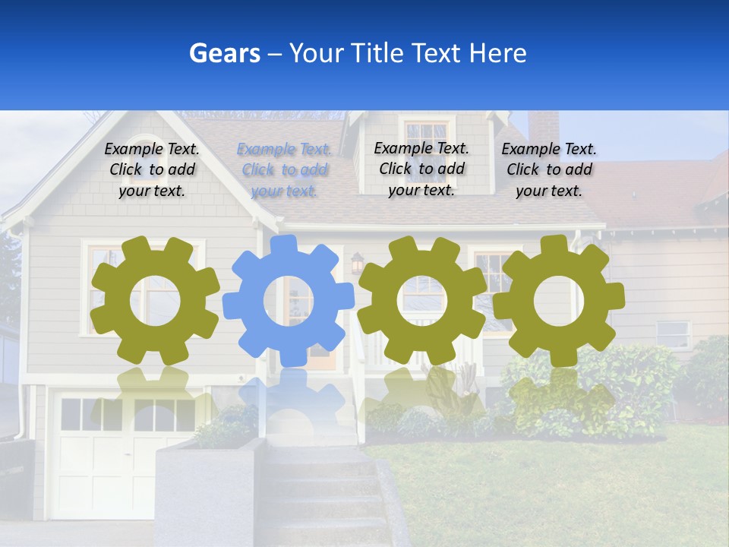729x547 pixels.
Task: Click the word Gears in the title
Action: [223, 53]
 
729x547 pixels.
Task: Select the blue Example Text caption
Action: [284, 170]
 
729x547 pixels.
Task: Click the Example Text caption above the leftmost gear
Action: [152, 170]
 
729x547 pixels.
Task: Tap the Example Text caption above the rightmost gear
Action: [549, 170]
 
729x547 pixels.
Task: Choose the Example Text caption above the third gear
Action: [421, 169]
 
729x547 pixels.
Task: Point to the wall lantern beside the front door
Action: [356, 264]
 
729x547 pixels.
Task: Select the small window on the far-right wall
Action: [673, 333]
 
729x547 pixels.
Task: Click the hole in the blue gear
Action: [288, 301]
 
